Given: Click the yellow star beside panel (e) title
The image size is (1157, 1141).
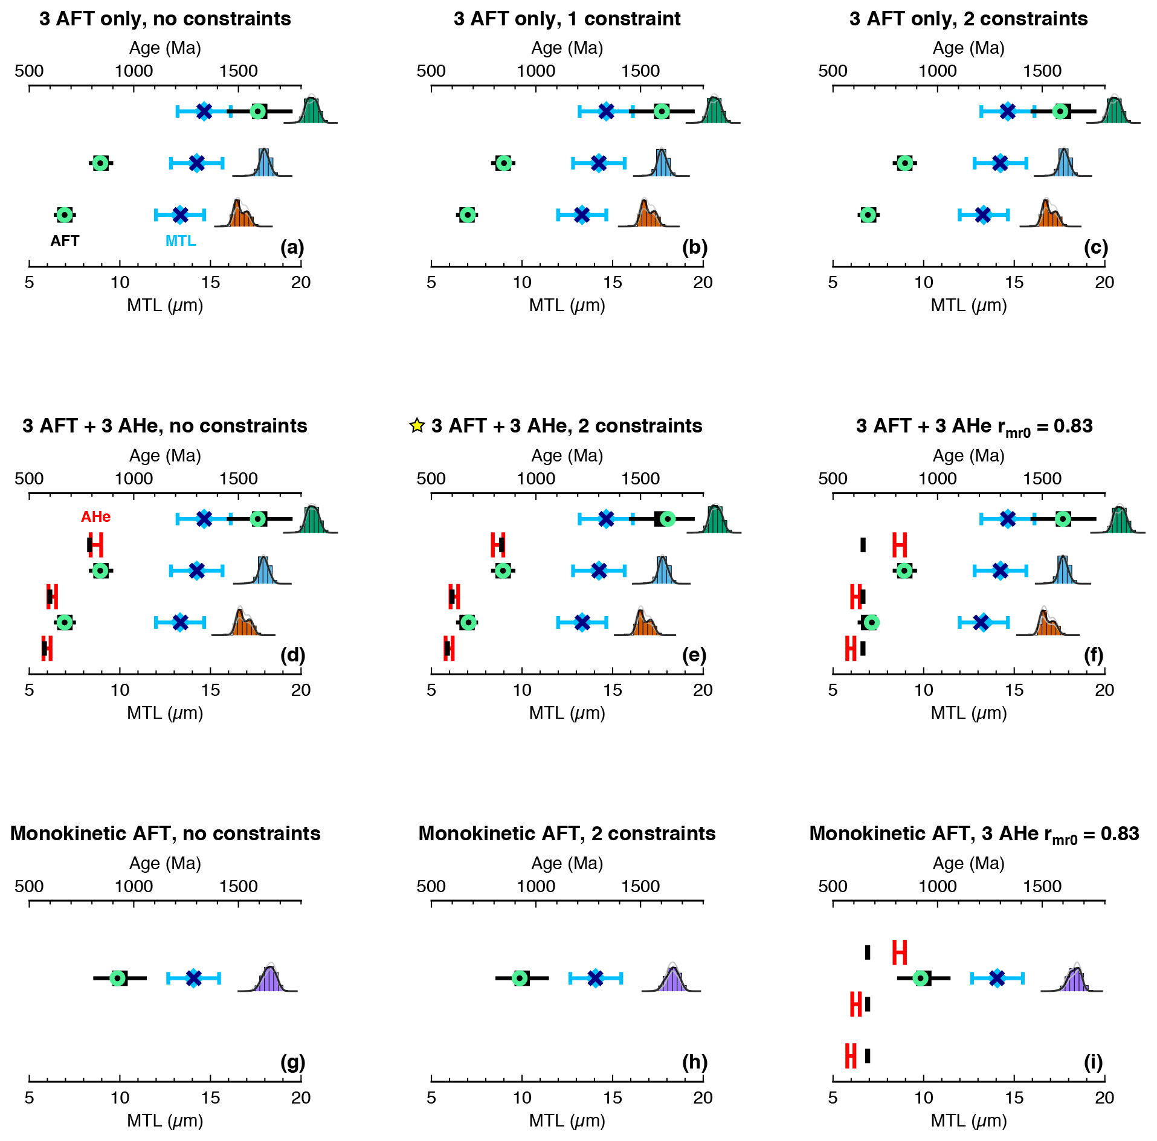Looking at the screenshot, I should pyautogui.click(x=417, y=426).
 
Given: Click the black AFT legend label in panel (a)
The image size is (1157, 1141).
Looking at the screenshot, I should pyautogui.click(x=65, y=240).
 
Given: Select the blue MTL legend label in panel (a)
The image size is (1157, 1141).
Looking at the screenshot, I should pyautogui.click(x=181, y=240).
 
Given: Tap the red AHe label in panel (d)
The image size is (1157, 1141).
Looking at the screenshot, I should pyautogui.click(x=96, y=516).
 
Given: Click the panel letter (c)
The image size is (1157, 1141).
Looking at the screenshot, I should pyautogui.click(x=1095, y=247).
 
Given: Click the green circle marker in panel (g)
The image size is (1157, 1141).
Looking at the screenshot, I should pyautogui.click(x=118, y=978).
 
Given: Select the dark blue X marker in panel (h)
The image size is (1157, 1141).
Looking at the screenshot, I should pyautogui.click(x=595, y=978).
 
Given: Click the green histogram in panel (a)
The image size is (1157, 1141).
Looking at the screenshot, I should pyautogui.click(x=312, y=112).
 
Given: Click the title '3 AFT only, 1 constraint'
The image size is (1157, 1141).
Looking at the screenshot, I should pyautogui.click(x=567, y=19).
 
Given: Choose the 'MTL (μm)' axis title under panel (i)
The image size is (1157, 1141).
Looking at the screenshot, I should pyautogui.click(x=968, y=1120).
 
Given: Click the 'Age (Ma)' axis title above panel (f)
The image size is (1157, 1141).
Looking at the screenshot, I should pyautogui.click(x=968, y=455).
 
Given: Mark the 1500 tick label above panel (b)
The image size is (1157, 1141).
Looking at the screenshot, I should pyautogui.click(x=640, y=71).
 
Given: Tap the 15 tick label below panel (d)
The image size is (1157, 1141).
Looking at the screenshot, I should pyautogui.click(x=210, y=690).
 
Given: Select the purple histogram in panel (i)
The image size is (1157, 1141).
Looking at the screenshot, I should pyautogui.click(x=1075, y=980).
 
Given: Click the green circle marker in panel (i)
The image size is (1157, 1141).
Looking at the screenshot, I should pyautogui.click(x=920, y=978).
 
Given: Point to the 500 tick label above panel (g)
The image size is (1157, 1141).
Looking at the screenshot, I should pyautogui.click(x=29, y=887).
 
